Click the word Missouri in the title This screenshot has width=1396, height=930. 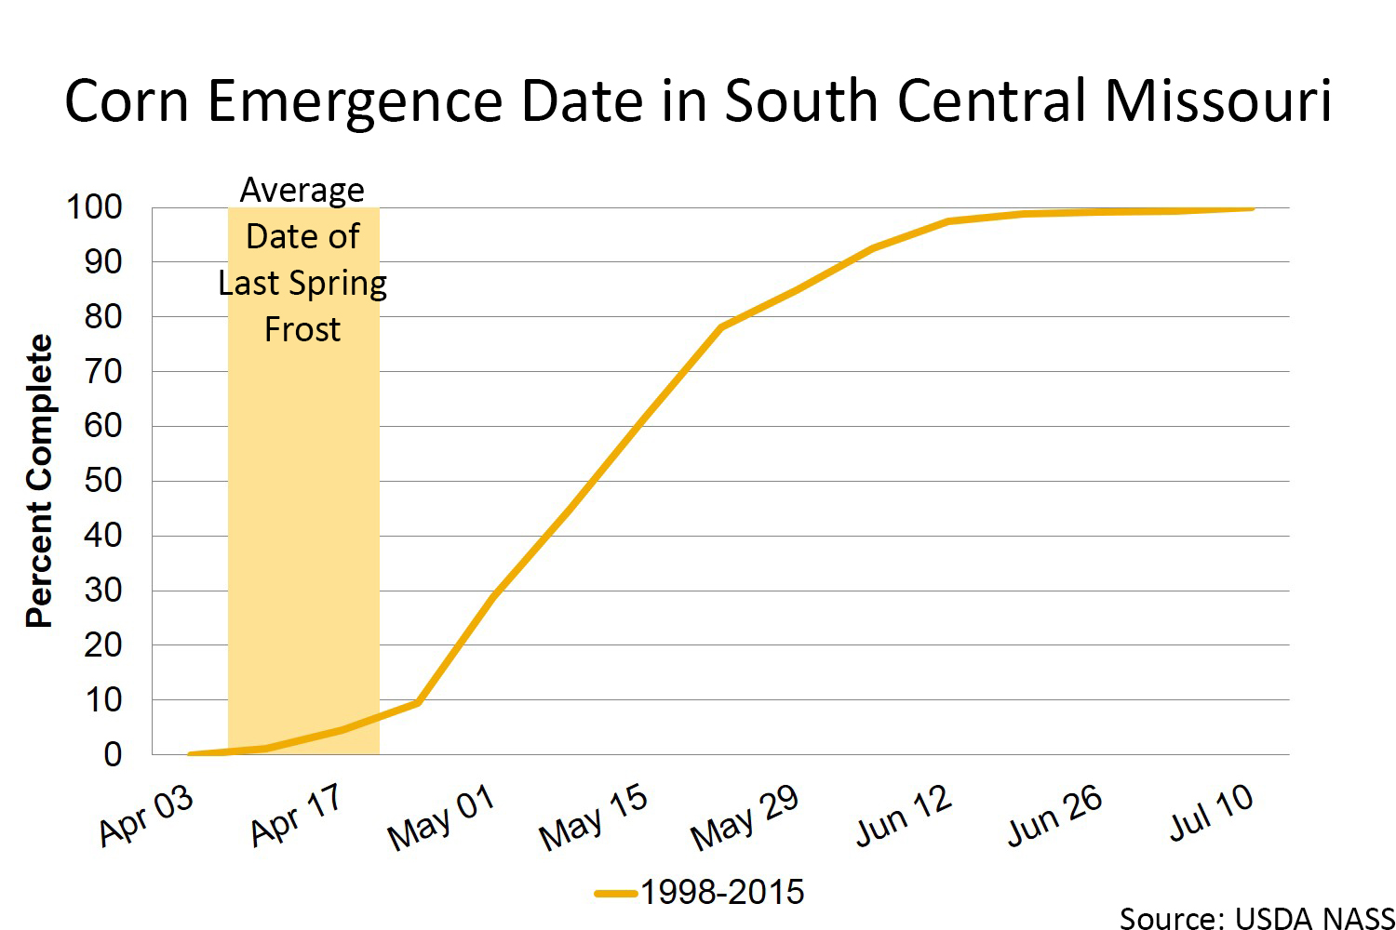1218,100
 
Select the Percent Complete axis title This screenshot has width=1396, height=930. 39,481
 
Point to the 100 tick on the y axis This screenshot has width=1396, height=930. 94,207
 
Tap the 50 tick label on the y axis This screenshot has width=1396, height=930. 103,481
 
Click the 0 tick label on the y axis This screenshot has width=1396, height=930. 113,754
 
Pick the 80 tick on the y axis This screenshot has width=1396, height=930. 103,317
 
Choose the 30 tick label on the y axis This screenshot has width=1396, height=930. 103,591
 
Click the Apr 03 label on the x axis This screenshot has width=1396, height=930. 147,816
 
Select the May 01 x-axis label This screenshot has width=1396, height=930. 441,817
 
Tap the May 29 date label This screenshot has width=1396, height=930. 745,817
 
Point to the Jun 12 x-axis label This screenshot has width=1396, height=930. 904,816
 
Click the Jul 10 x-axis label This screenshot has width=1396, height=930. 1211,813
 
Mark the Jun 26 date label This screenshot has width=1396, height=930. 1055,816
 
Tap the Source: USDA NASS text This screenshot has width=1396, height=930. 1256,918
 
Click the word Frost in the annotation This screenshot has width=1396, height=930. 302,329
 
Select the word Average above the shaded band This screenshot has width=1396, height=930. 302,190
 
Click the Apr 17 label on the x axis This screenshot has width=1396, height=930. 297,816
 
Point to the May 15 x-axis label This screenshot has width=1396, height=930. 594,817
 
